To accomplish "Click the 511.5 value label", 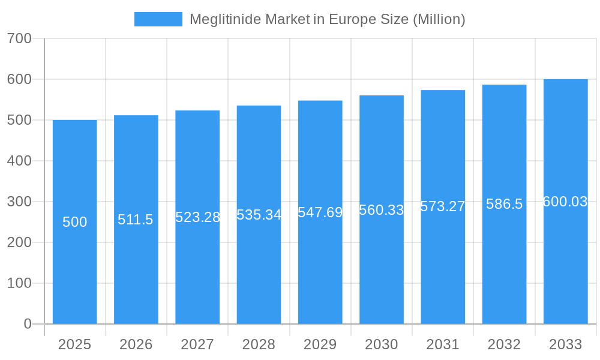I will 136,220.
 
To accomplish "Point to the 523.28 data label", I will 197,217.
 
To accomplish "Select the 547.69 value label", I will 320,212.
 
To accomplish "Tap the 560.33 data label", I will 382,210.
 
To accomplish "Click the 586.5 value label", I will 504,204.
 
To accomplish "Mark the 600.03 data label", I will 565,202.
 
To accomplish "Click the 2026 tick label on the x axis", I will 136,344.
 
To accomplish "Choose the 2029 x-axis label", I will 320,344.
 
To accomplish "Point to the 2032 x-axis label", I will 504,344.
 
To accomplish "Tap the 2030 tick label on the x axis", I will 382,344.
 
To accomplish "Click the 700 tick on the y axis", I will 19,38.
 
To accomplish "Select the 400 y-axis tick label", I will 19,161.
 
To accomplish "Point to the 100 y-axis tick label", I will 19,283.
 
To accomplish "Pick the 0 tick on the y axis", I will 28,324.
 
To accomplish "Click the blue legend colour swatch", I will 158,19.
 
